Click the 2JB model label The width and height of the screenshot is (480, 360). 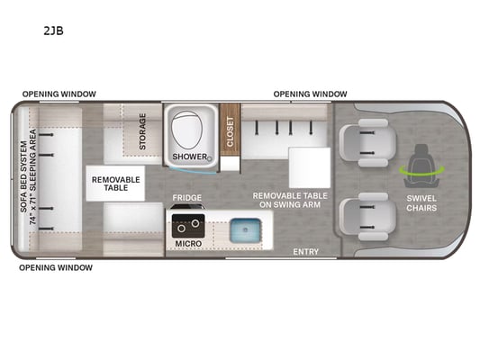53,31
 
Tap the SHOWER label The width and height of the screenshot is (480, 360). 190,157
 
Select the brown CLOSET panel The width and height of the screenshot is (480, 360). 230,130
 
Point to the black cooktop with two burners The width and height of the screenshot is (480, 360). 188,226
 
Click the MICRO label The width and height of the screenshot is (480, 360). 188,244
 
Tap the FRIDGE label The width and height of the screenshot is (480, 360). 187,198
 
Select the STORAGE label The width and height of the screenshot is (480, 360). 142,131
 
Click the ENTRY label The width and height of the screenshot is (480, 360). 306,252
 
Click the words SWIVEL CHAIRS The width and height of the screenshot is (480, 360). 421,203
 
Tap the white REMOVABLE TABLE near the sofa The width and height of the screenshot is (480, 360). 115,184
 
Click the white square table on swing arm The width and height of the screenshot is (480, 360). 310,167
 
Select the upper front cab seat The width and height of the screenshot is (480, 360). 367,143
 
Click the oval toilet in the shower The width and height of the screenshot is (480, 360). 186,130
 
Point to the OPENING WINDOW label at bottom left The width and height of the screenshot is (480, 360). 56,268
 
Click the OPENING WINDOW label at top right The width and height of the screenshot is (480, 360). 310,94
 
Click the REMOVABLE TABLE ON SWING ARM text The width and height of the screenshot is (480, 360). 290,201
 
